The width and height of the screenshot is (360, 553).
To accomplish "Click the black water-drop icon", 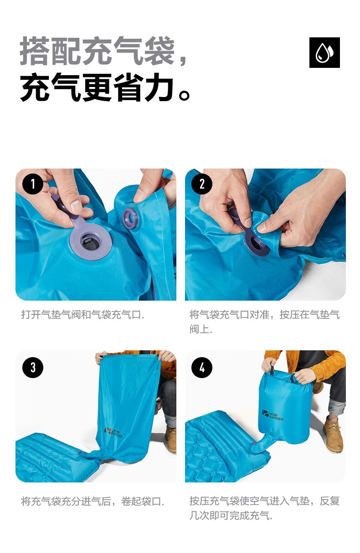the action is [324, 52].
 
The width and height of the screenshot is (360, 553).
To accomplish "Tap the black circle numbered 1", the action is [33, 184].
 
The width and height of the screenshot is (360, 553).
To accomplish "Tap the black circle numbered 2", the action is [202, 184].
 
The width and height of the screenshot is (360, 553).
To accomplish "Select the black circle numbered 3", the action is [33, 367].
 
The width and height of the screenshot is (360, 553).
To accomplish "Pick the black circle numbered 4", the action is [202, 367].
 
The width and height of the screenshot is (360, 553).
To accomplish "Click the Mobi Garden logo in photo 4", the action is [273, 415].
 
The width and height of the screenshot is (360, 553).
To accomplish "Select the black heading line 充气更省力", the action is [105, 87].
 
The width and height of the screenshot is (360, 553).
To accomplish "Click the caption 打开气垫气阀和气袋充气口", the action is [82, 315].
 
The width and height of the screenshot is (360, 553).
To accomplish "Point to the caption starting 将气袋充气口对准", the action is [264, 322].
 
